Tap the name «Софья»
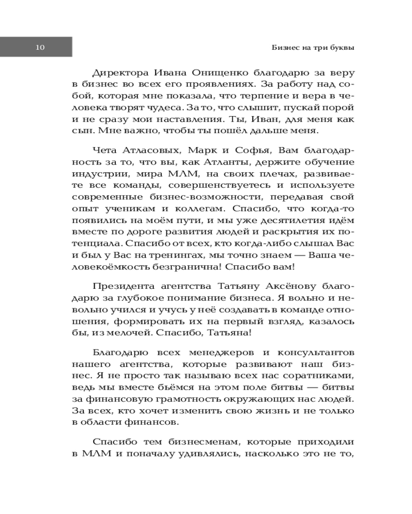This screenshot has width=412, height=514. pyautogui.click(x=252, y=150)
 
